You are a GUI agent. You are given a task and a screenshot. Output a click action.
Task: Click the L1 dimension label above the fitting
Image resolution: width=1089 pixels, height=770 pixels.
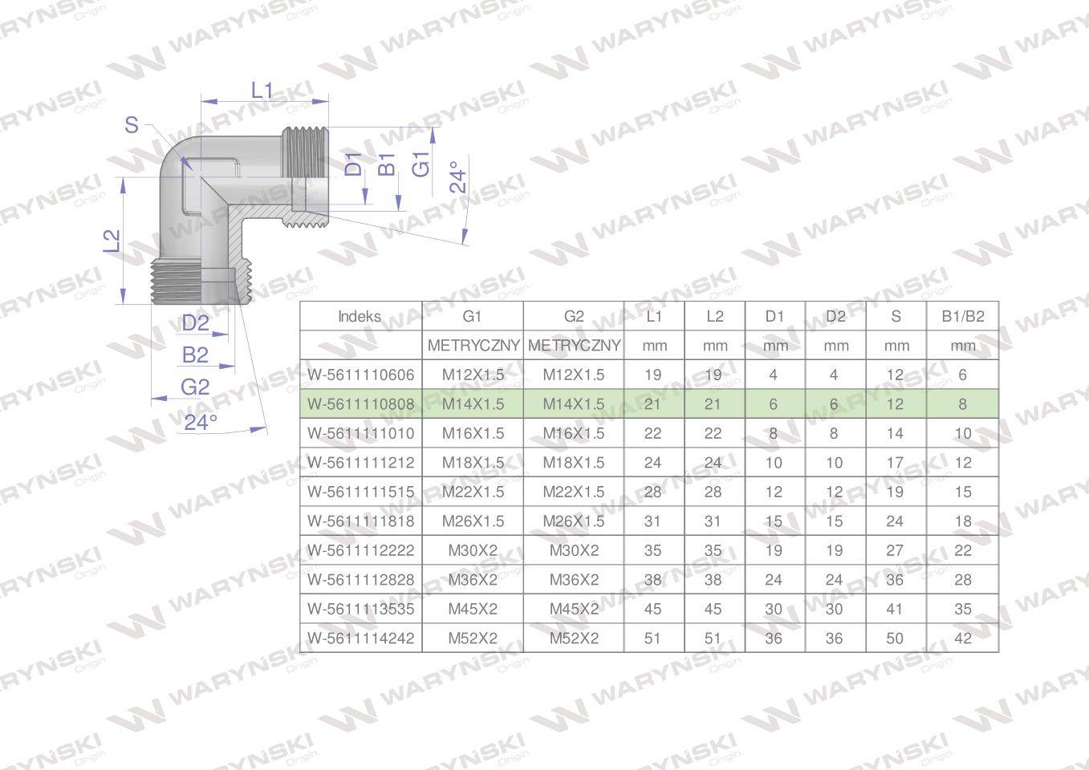coord(262,91)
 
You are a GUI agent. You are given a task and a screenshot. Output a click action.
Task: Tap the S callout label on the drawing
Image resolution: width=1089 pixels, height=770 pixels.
coord(132,125)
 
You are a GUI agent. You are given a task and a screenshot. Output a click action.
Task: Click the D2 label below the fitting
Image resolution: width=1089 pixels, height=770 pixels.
coord(195,323)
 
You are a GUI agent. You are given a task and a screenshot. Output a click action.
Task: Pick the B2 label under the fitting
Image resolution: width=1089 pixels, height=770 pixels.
coord(195,355)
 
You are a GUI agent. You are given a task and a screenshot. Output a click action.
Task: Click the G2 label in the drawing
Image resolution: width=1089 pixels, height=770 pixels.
coord(195,387)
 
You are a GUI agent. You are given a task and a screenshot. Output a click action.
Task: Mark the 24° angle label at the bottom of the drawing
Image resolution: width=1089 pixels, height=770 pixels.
coord(200,422)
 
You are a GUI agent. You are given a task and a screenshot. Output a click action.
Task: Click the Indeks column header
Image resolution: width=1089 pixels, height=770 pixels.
coord(360,316)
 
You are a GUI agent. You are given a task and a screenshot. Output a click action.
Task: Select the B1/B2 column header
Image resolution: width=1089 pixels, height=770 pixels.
coord(962,316)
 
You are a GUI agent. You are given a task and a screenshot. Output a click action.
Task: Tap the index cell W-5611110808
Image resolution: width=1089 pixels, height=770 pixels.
coord(361,404)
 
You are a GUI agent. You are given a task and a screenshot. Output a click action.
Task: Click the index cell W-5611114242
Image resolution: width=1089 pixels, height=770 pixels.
coord(361,638)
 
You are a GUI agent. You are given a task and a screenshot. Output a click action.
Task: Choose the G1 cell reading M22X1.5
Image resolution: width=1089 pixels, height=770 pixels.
coord(473,492)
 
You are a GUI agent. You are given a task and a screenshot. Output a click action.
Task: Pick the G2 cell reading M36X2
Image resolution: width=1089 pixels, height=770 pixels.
coord(574,580)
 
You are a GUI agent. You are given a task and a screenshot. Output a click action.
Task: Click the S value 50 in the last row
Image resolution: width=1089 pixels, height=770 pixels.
coord(895,638)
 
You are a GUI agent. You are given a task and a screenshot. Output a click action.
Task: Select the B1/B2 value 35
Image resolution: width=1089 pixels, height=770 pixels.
coord(962,609)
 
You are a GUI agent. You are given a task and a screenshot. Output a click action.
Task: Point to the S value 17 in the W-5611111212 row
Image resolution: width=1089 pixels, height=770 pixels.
coord(895,463)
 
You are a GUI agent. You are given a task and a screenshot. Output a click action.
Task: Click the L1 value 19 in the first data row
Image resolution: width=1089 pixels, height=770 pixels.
coord(653,375)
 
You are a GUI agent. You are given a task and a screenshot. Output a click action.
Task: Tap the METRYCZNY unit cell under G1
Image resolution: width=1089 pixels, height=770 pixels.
coord(473,346)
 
